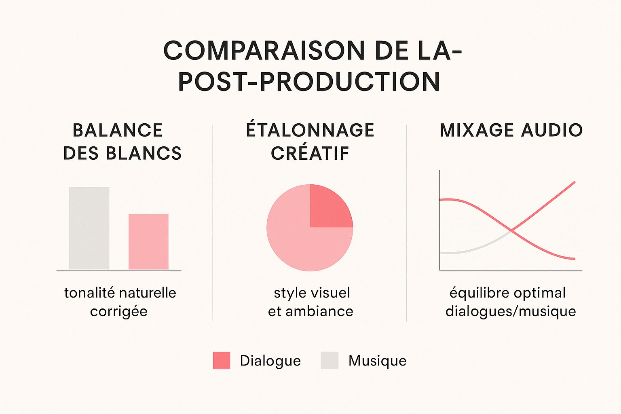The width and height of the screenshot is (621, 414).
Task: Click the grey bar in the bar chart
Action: pos(89,228)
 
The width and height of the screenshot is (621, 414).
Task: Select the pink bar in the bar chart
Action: pos(148,242)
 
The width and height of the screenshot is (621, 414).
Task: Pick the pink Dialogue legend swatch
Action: pos(222,360)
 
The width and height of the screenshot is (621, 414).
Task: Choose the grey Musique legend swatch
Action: pos(330,360)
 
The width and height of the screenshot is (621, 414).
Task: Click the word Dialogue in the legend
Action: pos(270,361)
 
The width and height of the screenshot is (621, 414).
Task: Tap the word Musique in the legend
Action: pos(377,361)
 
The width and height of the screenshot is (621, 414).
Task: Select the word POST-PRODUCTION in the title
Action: pos(309,82)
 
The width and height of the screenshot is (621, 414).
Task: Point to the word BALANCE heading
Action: pos(118,131)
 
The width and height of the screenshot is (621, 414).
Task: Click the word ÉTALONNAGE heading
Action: pos(310,130)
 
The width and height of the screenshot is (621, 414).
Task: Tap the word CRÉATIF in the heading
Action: pos(310,154)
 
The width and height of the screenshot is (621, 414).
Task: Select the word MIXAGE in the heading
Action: pos(477,131)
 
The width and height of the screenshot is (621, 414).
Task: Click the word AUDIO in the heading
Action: pos(552,131)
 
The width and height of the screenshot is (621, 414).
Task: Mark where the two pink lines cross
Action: pos(511,231)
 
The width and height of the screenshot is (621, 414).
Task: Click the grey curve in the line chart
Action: pos(465,251)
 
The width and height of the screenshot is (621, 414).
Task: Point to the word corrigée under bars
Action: pos(118,312)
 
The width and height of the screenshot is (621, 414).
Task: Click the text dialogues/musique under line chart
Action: pos(511,312)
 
